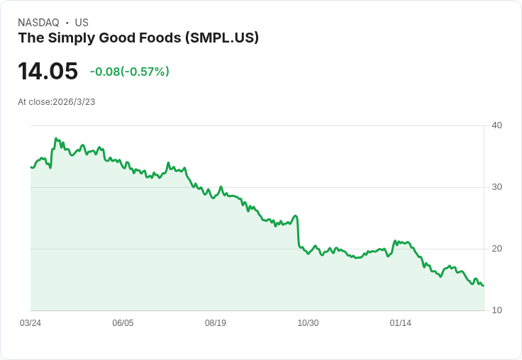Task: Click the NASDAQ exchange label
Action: point(38,23)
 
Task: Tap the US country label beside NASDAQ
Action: point(82,23)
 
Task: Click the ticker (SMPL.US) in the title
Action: point(221,38)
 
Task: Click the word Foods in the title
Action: point(160,38)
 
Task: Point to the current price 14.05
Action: point(48,72)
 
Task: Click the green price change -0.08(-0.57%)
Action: point(129,72)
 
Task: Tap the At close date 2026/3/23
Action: point(74,102)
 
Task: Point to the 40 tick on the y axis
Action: point(496,125)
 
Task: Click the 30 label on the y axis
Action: point(496,187)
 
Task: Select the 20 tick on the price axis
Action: point(496,249)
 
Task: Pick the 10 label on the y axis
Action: point(496,310)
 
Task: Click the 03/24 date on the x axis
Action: point(30,323)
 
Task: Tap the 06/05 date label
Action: point(123,323)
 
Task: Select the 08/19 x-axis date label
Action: point(216,323)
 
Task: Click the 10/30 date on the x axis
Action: point(308,323)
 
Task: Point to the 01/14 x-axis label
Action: point(401,323)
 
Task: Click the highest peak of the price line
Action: point(56,139)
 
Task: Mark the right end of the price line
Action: point(483,286)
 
